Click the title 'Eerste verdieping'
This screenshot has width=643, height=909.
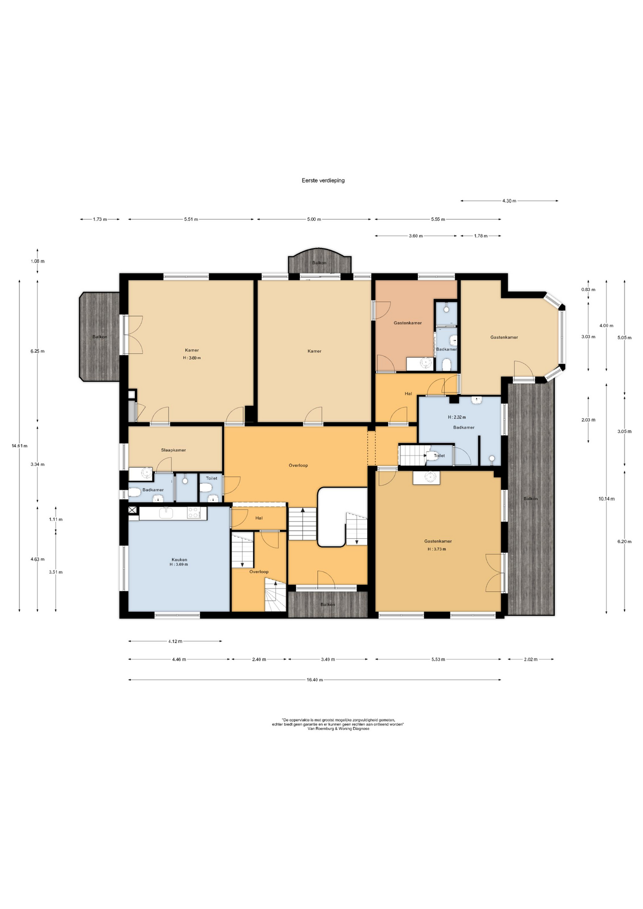point(323,180)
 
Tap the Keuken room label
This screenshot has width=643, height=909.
point(179,560)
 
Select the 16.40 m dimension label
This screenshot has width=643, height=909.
point(314,680)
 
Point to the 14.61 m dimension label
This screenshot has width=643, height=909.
point(19,446)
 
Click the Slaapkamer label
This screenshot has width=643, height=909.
point(173,450)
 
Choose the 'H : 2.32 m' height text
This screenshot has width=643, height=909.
point(457,418)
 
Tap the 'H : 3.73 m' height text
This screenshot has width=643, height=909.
point(437,549)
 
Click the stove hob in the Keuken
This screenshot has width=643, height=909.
point(194,513)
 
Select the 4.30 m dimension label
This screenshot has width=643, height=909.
point(509,201)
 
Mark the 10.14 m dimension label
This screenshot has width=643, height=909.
point(607,499)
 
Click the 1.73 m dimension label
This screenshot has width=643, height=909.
point(100,219)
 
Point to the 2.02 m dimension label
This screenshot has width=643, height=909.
point(530,659)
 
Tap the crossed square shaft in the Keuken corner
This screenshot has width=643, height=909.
point(132,510)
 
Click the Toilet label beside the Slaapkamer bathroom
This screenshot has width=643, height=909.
point(212,478)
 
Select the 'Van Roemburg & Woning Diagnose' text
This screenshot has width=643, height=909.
point(339,729)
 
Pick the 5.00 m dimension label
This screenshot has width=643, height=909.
point(314,219)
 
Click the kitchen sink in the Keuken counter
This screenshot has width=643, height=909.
point(166,513)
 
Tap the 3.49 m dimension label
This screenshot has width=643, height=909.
point(328,659)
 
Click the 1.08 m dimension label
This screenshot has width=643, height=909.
point(37,261)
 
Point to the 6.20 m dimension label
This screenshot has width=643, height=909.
point(625,542)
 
